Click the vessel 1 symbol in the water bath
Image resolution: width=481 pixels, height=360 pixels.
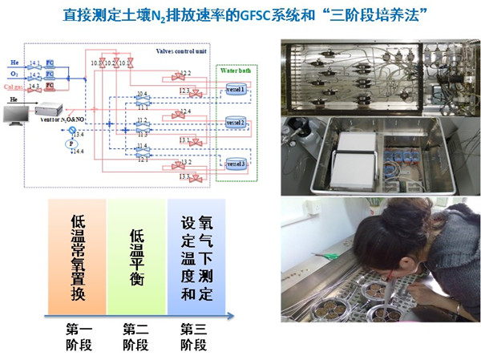click(235, 90)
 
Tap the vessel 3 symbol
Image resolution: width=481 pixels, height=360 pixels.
click(235, 165)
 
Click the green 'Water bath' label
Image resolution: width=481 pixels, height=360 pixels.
click(235, 71)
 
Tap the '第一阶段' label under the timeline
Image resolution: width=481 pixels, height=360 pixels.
click(78, 337)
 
